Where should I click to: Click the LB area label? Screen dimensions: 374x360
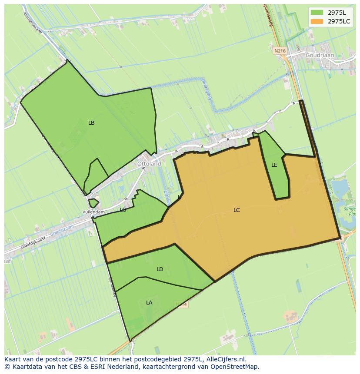click(91, 123)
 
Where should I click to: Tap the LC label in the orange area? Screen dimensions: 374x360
click(237, 210)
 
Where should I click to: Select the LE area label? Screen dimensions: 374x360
click(274, 165)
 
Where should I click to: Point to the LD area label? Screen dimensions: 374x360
click(160, 269)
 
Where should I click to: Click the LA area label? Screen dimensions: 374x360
click(149, 303)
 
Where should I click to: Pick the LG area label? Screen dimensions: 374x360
click(123, 210)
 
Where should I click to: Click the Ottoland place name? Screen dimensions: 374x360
click(149, 164)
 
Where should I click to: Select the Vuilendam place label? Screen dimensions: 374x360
click(93, 212)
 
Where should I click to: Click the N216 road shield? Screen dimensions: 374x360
click(280, 51)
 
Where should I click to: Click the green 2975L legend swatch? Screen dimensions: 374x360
click(317, 12)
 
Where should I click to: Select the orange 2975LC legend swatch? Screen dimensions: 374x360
click(317, 21)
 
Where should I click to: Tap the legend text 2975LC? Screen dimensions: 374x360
click(339, 21)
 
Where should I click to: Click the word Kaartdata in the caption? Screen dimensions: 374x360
click(21, 367)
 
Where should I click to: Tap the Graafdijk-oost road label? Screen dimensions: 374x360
click(33, 243)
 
